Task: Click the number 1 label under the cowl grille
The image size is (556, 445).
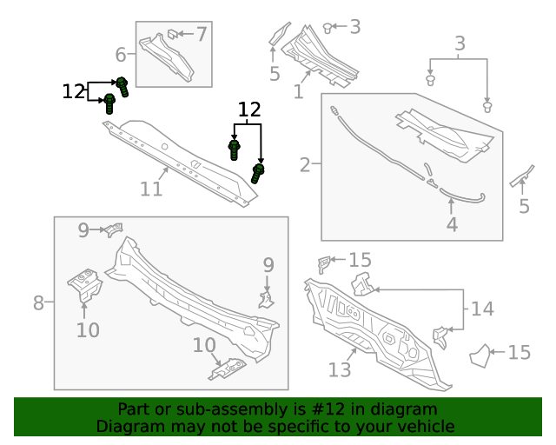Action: click(x=298, y=91)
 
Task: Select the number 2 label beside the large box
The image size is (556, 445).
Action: click(x=306, y=164)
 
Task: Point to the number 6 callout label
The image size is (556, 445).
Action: click(x=122, y=56)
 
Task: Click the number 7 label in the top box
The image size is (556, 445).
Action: click(x=202, y=35)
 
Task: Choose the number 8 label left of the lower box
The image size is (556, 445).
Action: click(x=38, y=303)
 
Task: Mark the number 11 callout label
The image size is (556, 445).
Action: click(x=151, y=189)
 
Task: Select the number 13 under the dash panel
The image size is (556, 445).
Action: click(x=340, y=370)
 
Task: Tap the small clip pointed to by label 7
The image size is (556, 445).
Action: click(x=172, y=35)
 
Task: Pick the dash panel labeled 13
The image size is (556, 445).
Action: click(x=374, y=326)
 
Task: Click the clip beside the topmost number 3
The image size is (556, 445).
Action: click(x=328, y=28)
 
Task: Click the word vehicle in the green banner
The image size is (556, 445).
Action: click(x=425, y=427)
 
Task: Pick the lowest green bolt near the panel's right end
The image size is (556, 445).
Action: click(x=257, y=173)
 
